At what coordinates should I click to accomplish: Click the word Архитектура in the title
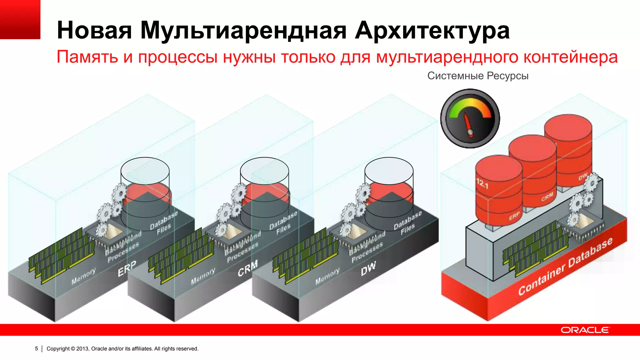432,31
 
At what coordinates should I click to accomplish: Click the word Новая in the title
94,31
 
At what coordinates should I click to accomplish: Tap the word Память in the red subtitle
87,57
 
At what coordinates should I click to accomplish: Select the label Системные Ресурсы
478,76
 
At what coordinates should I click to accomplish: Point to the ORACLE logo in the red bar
585,330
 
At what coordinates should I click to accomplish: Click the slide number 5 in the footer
37,348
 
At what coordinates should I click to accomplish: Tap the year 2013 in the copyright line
82,348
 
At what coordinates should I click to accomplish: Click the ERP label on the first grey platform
127,268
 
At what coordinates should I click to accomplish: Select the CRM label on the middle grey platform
247,268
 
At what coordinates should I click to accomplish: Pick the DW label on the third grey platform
368,268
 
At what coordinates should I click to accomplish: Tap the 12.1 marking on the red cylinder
482,184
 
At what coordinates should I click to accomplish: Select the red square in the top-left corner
20,19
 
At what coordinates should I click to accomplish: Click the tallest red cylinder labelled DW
568,150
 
